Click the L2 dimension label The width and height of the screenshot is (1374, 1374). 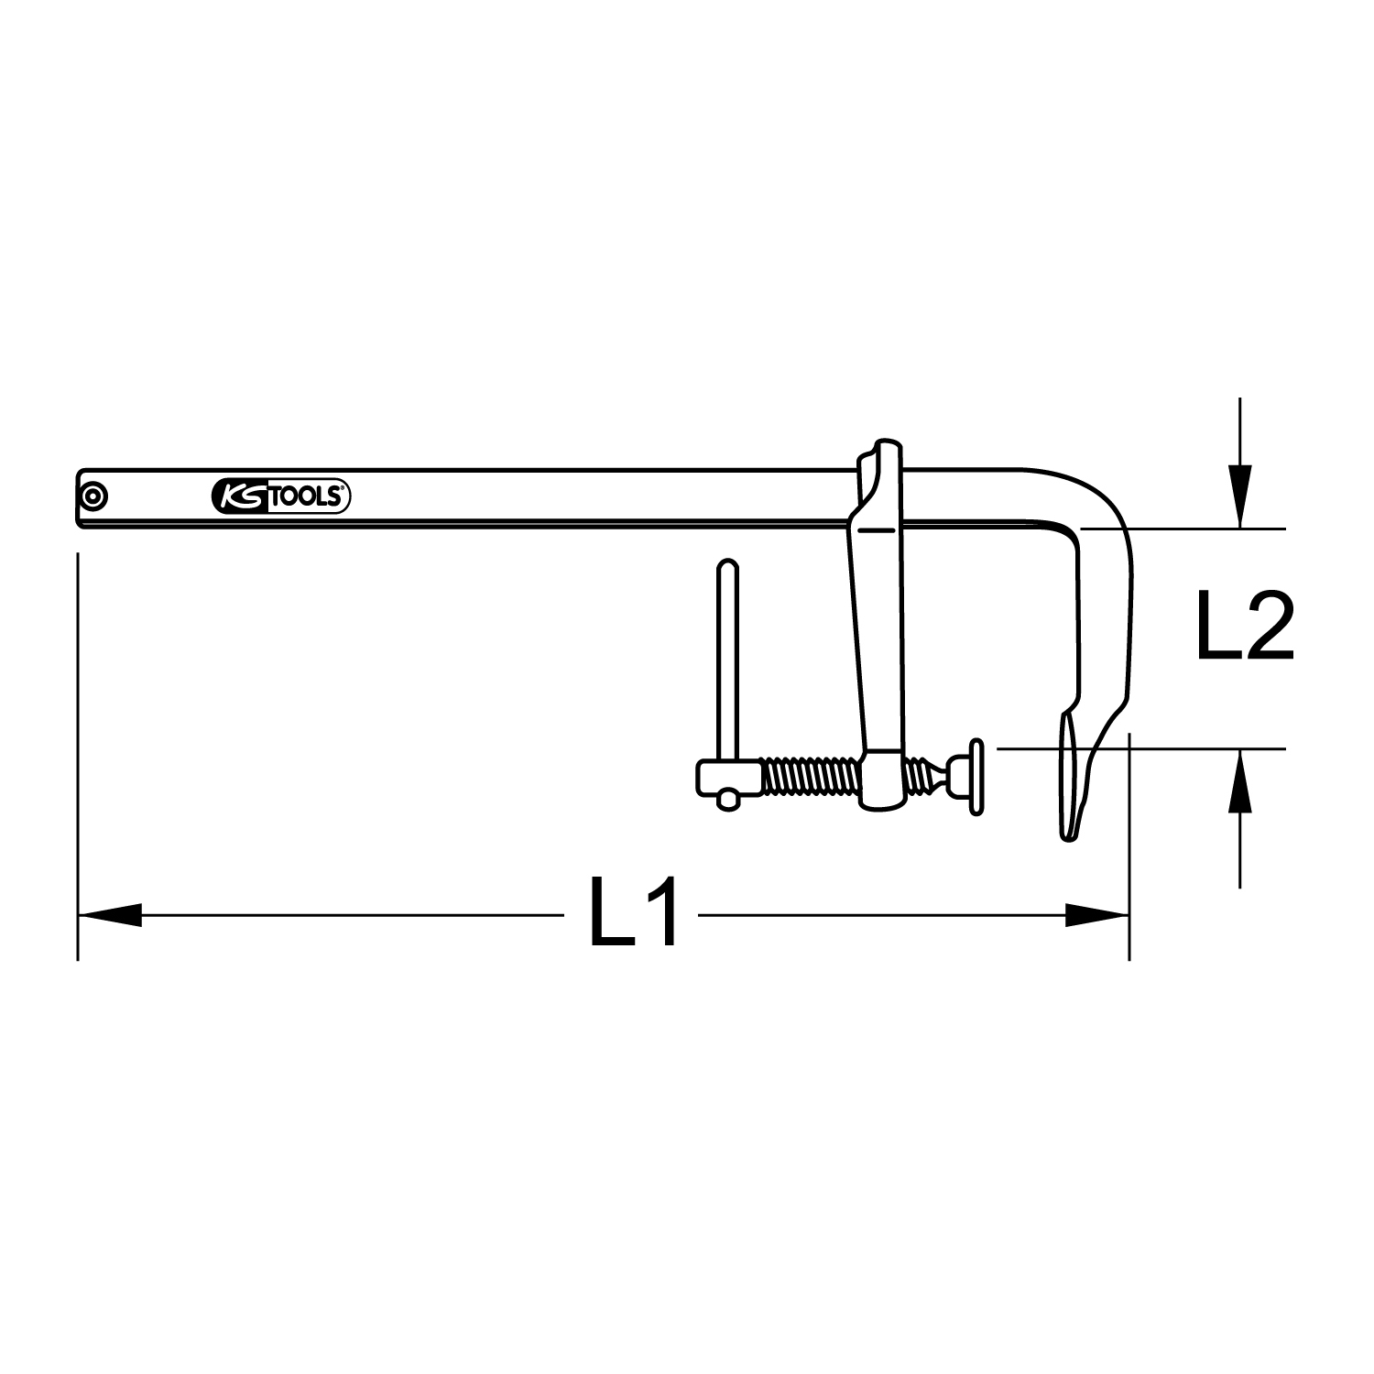[x=1244, y=627]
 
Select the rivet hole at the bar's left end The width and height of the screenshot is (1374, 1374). [x=93, y=497]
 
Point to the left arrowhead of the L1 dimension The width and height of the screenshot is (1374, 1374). [x=110, y=914]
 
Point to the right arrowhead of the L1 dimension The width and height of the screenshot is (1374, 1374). [x=1096, y=914]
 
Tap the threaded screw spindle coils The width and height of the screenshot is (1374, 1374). [x=810, y=776]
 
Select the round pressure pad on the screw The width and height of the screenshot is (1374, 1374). [x=976, y=776]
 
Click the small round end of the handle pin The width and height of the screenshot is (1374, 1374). [x=728, y=799]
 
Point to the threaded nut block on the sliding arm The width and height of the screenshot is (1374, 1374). [x=881, y=779]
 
